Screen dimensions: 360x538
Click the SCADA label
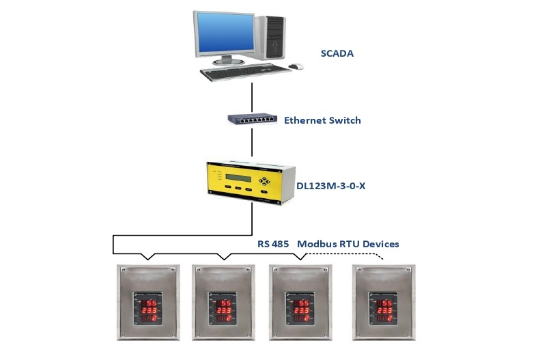[x=337, y=53]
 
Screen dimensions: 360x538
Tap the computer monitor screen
[x=223, y=33]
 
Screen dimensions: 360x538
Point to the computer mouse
[x=296, y=66]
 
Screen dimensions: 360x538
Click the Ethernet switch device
[x=253, y=119]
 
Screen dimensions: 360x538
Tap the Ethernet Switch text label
[x=322, y=120]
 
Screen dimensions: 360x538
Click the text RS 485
[x=273, y=244]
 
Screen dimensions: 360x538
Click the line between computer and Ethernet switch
[x=253, y=96]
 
